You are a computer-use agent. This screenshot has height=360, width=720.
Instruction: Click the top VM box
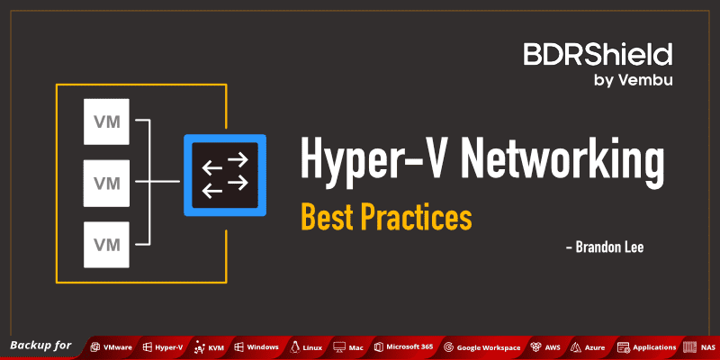pyautogui.click(x=107, y=121)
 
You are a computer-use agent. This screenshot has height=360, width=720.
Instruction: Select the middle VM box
pyautogui.click(x=107, y=184)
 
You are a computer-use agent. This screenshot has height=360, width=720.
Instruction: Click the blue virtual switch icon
pyautogui.click(x=226, y=175)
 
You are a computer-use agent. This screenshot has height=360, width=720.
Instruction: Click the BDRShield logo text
pyautogui.click(x=598, y=55)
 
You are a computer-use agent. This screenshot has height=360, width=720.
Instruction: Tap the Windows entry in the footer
pyautogui.click(x=262, y=346)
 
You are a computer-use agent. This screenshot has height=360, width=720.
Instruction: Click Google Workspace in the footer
pyautogui.click(x=489, y=346)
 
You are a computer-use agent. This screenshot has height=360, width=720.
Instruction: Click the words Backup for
pyautogui.click(x=40, y=346)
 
